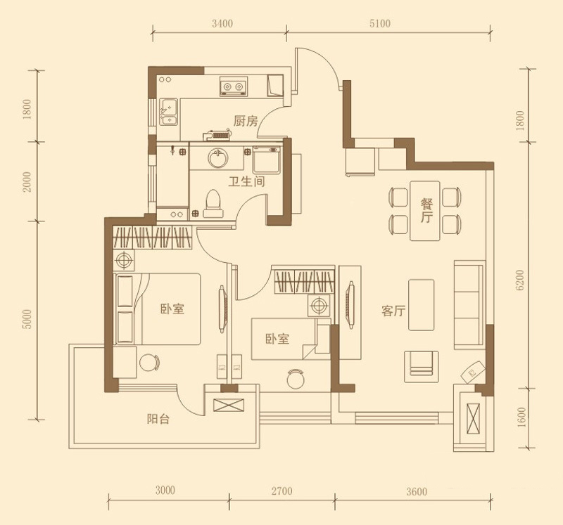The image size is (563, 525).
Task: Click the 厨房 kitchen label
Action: coord(246,121)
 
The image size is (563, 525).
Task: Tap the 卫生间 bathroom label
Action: coord(247,182)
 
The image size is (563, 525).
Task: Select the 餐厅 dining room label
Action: coord(426,211)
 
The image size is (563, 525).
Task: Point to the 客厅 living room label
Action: coord(393,311)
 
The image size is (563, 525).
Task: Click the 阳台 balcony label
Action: coord(158,419)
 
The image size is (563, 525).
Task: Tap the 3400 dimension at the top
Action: coord(222,24)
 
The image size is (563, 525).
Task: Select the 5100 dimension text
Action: coord(379,24)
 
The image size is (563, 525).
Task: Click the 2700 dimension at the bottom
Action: coord(282,491)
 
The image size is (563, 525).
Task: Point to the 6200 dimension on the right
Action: coord(520,280)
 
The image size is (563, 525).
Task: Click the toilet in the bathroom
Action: coord(213,203)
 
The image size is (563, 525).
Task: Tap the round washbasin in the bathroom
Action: coord(218,158)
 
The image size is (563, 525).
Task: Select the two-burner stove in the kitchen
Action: coord(234,86)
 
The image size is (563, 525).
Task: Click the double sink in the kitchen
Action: coord(168,112)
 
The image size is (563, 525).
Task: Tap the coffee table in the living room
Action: coord(421,305)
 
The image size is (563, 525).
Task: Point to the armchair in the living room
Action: coord(421,366)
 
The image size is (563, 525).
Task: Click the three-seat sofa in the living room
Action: coord(469,305)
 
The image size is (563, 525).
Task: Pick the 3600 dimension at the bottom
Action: coord(417,491)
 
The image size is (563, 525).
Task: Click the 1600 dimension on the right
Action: coord(521,417)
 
